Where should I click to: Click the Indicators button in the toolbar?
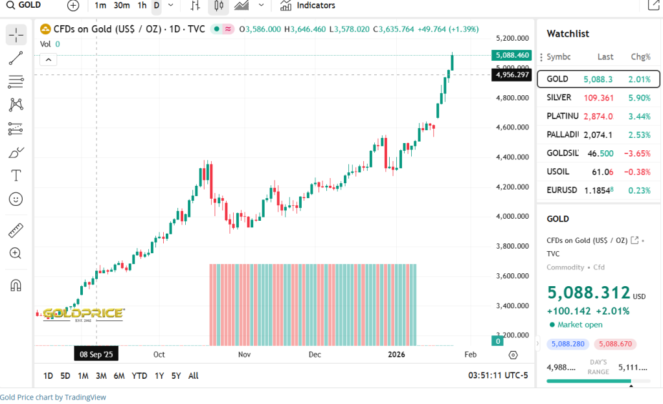click(308, 6)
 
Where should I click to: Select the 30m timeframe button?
click(121, 6)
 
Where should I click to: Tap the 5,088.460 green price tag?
click(511, 55)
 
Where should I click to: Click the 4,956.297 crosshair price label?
click(511, 74)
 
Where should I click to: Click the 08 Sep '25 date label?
click(96, 354)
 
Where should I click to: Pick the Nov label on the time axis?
click(244, 355)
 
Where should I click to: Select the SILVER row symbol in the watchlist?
click(559, 98)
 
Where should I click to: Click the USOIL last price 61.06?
click(602, 172)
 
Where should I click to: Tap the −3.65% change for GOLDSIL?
click(636, 153)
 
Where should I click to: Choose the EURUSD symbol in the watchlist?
click(561, 191)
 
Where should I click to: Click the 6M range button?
click(118, 376)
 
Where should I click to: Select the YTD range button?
click(139, 376)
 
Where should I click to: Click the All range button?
click(193, 376)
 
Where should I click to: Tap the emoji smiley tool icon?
click(16, 199)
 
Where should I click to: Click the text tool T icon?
click(16, 175)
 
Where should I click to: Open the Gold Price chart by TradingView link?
click(52, 398)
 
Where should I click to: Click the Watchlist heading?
click(568, 34)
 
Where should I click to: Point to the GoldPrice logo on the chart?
click(83, 313)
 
